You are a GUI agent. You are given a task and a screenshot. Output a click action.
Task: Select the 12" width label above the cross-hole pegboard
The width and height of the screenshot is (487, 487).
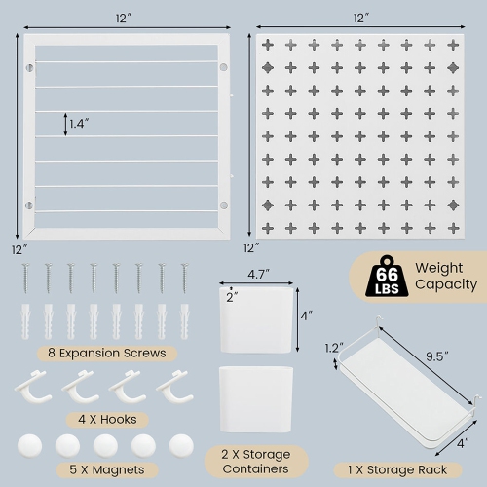click(x=361, y=19)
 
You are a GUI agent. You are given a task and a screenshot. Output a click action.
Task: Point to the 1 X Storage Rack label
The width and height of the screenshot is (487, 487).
click(x=399, y=468)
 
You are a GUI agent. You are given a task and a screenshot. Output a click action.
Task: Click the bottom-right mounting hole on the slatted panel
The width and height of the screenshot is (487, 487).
click(x=223, y=206)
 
